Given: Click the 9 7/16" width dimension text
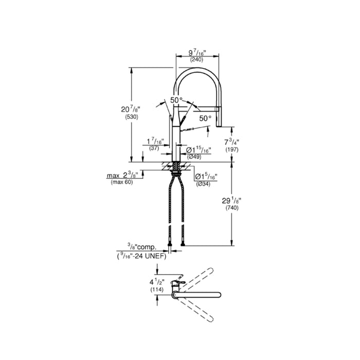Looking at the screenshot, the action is tap(197, 53).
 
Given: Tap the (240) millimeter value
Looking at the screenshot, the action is tap(196, 60).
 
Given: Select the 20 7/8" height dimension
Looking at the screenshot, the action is tap(131, 109).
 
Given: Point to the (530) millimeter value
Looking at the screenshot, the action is tap(132, 117).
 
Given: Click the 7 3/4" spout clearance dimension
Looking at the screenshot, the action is tap(231, 142).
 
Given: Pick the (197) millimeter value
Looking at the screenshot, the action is tap(231, 150).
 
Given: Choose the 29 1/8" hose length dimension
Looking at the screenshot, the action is tap(231, 201).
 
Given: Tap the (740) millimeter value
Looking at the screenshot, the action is tap(232, 208).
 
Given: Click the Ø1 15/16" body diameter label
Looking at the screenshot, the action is tap(199, 150).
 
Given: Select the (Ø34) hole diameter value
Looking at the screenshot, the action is tap(203, 184).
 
